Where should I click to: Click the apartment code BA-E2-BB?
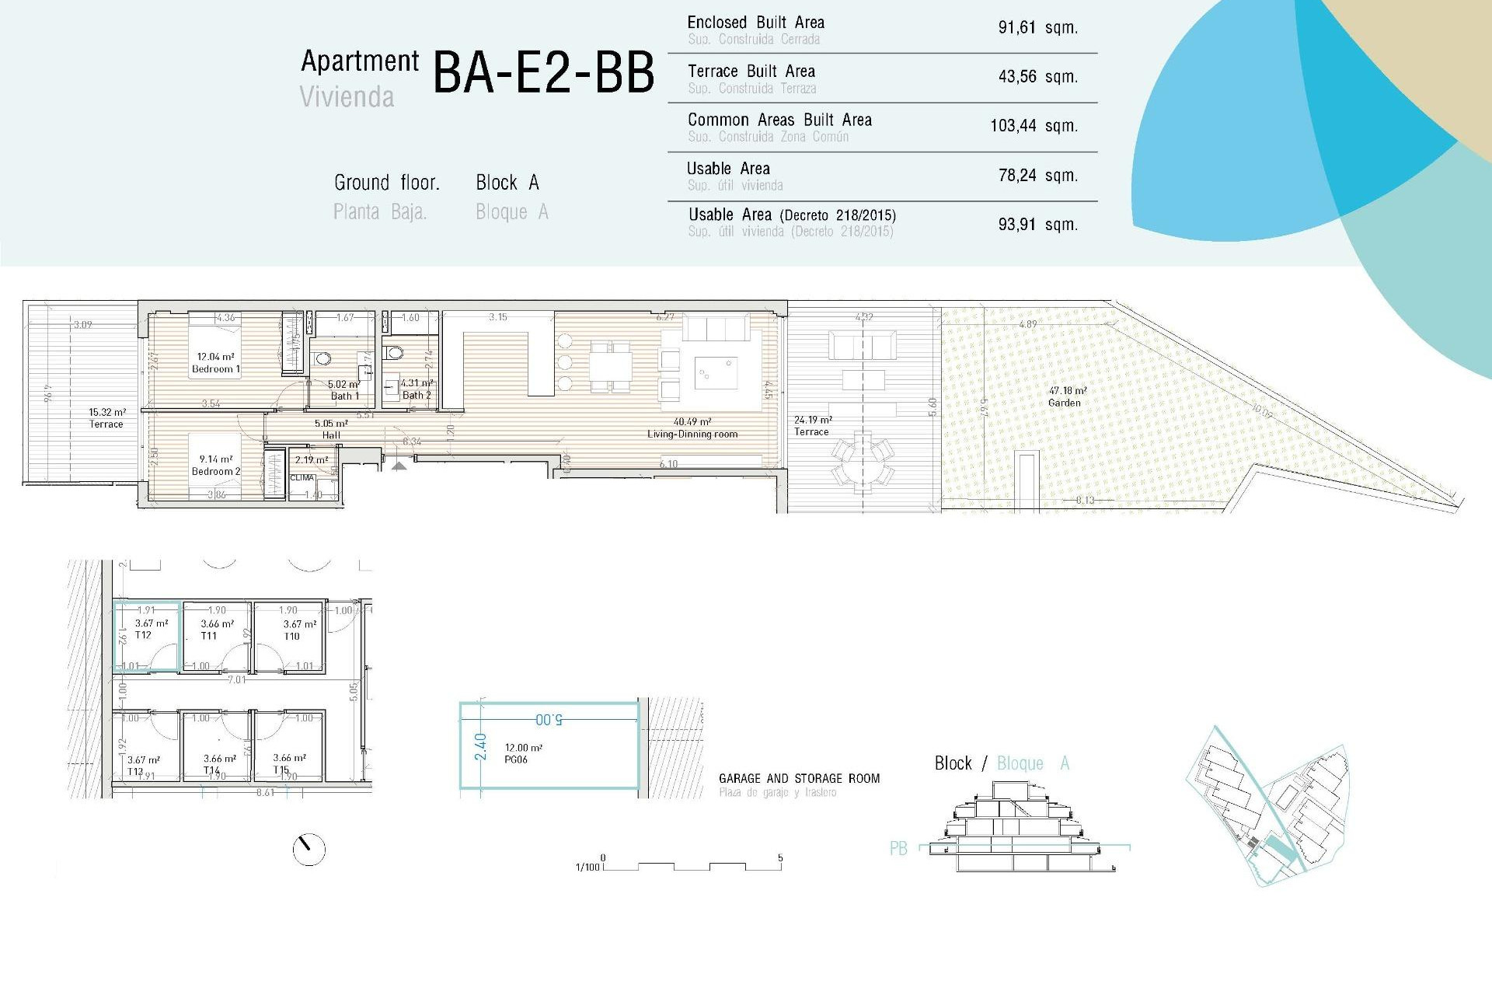543,73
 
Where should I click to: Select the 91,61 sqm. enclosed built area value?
1037,28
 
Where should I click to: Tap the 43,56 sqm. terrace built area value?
1037,77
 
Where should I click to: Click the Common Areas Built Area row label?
779,120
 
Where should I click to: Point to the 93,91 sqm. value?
1037,225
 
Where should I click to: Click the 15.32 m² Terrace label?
106,418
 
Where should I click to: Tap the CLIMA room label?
302,478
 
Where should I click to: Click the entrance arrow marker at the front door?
399,466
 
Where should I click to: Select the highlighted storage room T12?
147,636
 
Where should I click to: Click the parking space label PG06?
515,759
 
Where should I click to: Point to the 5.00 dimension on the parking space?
549,720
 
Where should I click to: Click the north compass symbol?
309,849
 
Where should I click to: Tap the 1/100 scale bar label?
587,867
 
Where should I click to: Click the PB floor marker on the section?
898,848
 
